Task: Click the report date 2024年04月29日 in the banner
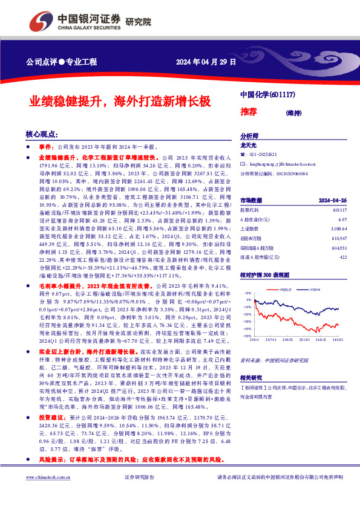pos(205,62)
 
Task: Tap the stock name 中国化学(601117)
pos(267,96)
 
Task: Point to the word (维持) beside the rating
pos(295,112)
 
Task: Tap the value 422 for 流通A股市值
pos(343,258)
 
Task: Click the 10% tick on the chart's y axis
pos(248,293)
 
